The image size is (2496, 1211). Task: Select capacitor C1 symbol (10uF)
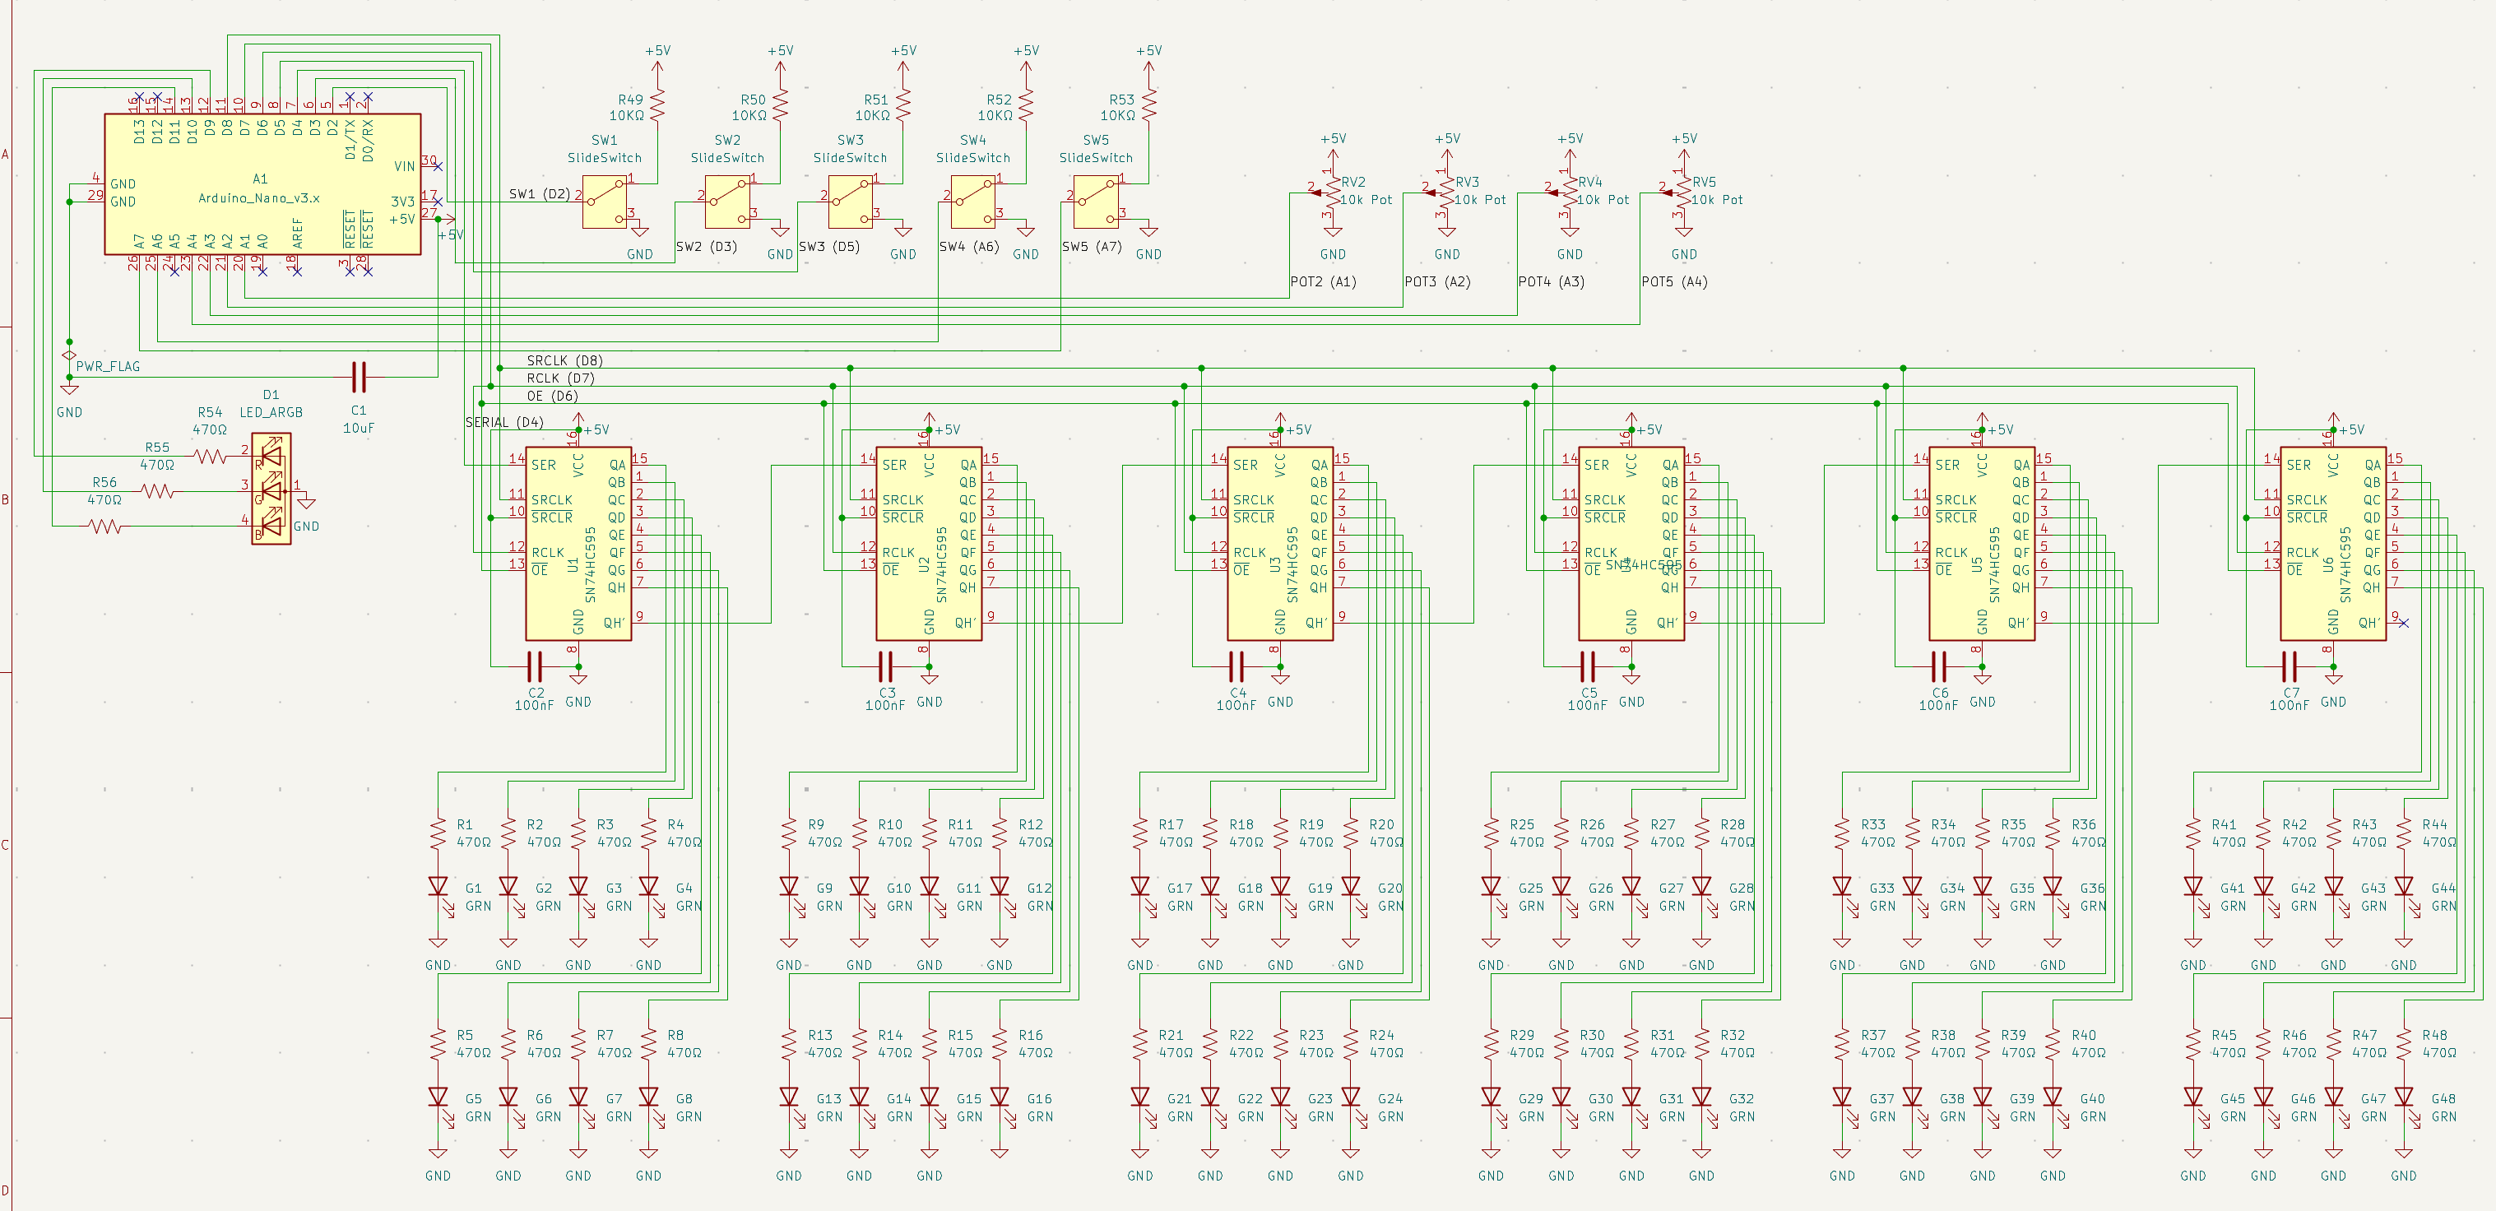pyautogui.click(x=359, y=377)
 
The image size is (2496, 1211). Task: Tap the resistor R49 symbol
pyautogui.click(x=657, y=104)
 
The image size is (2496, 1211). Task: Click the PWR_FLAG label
pyautogui.click(x=108, y=367)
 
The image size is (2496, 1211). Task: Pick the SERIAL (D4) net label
pyautogui.click(x=503, y=422)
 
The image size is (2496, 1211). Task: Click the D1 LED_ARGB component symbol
pyautogui.click(x=271, y=490)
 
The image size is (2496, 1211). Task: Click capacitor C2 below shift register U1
pyautogui.click(x=534, y=666)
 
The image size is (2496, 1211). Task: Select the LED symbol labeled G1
pyautogui.click(x=438, y=888)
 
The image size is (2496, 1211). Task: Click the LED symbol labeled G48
pyautogui.click(x=2404, y=1097)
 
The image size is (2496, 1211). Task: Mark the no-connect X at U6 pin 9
pyautogui.click(x=2403, y=622)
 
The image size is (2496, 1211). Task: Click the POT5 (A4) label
pyautogui.click(x=1673, y=282)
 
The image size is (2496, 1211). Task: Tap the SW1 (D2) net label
pyautogui.click(x=540, y=194)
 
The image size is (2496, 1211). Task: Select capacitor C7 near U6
pyautogui.click(x=2290, y=666)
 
